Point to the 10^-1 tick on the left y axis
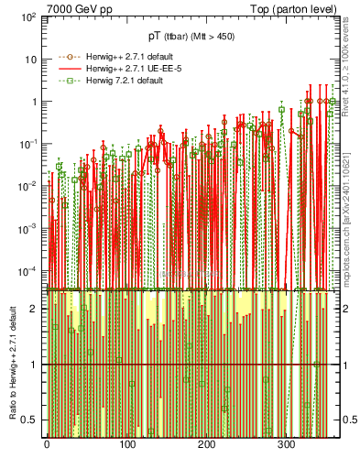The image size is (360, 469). (28, 144)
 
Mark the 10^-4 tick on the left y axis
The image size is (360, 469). (28, 271)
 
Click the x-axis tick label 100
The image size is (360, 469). (126, 444)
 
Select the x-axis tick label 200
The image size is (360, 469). (206, 444)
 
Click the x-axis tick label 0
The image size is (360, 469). (47, 444)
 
